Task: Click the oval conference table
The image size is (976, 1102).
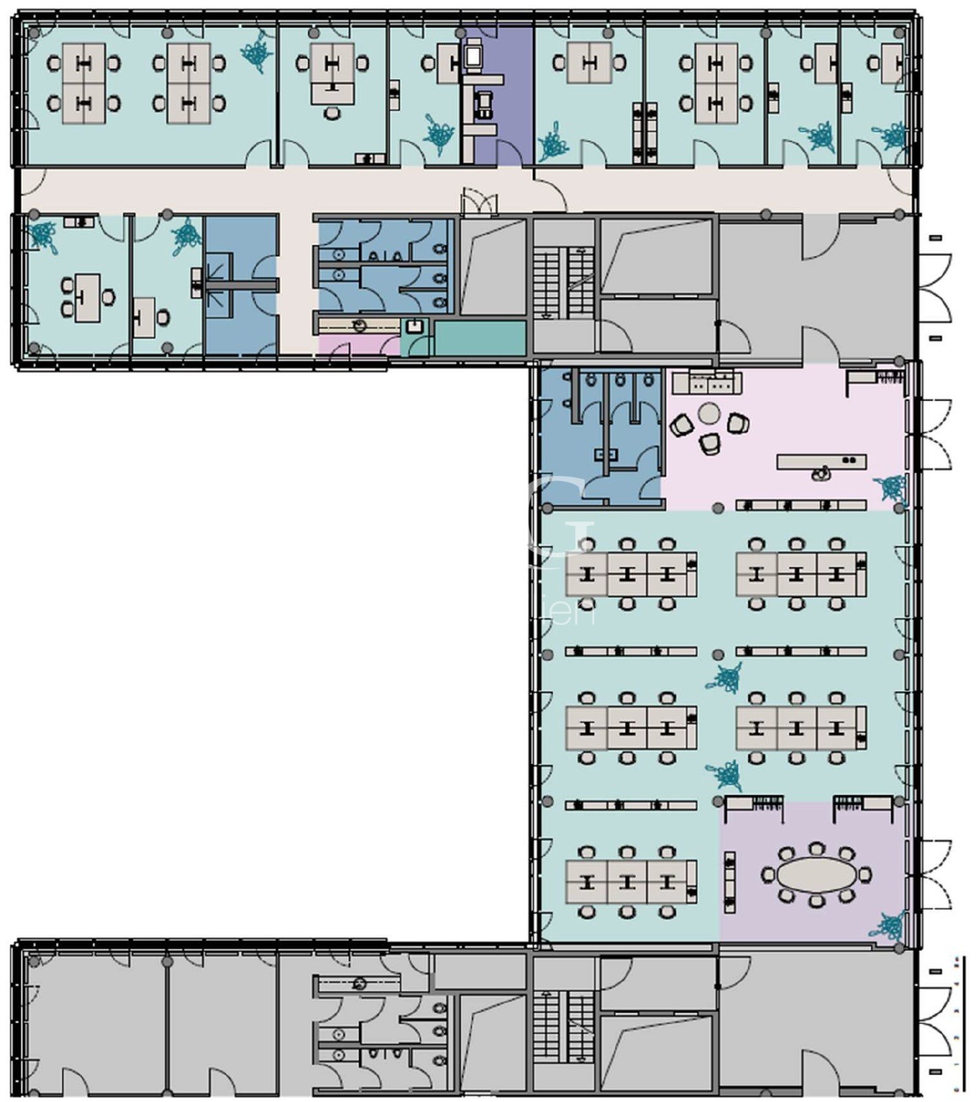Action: (x=816, y=874)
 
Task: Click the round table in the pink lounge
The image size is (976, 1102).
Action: (x=709, y=414)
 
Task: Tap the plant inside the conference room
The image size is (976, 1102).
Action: (x=889, y=925)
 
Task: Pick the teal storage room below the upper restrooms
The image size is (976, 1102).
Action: (x=479, y=338)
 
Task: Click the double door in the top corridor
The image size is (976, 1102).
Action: (x=479, y=203)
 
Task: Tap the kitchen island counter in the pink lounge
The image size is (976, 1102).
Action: (x=821, y=462)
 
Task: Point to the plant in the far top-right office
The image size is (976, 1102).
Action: (x=894, y=136)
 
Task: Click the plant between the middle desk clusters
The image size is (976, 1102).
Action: (x=726, y=678)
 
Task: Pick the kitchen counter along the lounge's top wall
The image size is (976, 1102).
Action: (x=706, y=382)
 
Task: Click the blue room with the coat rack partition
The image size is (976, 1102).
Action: (x=241, y=285)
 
